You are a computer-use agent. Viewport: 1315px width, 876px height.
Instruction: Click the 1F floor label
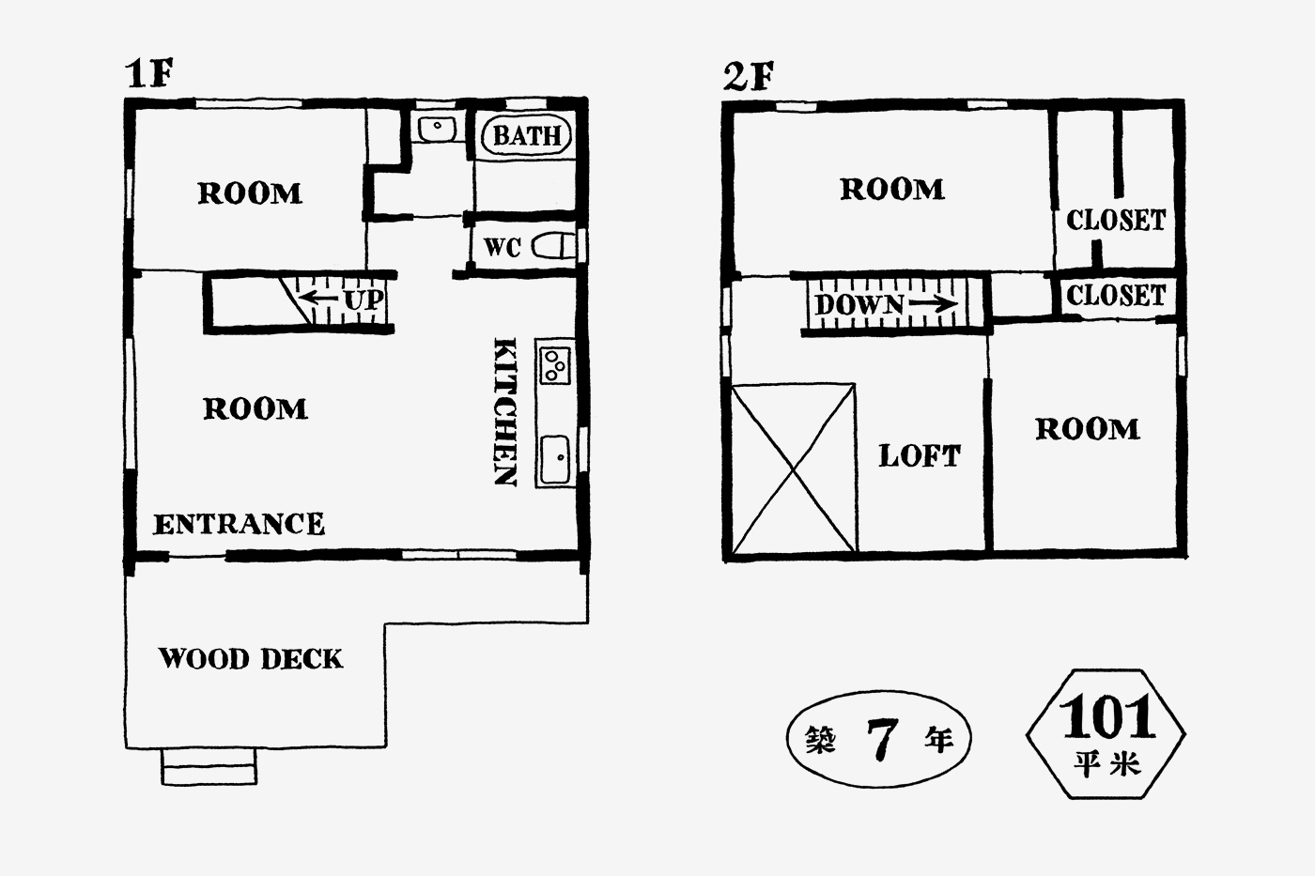149,73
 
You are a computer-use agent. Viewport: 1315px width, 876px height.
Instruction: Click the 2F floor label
749,77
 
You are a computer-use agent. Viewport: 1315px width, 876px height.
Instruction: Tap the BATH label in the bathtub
527,136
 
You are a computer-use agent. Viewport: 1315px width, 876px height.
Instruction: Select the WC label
502,247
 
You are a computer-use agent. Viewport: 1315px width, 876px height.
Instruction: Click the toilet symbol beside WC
553,246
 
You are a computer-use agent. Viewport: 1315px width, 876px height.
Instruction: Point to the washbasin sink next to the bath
437,129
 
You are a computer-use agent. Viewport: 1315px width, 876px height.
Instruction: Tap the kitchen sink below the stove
554,459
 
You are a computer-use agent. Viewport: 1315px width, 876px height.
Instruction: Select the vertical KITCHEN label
505,412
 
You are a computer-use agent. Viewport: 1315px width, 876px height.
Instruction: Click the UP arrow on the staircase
317,298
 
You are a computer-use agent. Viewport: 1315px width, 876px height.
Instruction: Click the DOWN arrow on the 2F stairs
934,304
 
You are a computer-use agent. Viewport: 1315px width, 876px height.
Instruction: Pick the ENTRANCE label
239,524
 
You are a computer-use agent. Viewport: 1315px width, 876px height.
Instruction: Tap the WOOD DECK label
251,658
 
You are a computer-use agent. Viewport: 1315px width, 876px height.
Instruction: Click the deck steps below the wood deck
209,766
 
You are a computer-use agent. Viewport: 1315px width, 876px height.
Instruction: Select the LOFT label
920,456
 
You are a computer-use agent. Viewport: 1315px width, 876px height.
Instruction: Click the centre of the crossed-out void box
794,469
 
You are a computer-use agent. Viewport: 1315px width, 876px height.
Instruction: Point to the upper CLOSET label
1116,220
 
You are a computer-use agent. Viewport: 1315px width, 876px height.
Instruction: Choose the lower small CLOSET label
1116,295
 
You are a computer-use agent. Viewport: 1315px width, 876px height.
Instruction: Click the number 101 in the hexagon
1107,717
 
